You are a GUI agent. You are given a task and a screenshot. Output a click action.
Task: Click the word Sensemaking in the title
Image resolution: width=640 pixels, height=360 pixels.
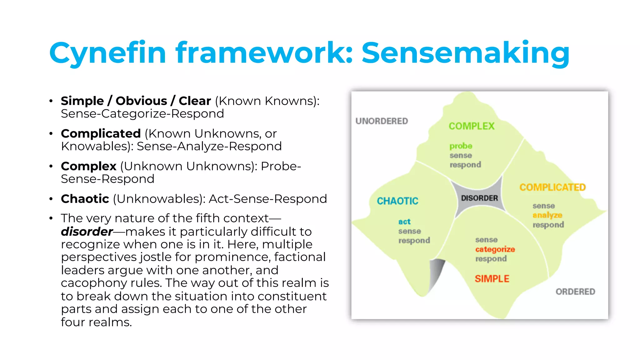(x=466, y=53)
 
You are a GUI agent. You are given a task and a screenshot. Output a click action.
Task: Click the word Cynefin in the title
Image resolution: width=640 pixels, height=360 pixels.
(x=107, y=53)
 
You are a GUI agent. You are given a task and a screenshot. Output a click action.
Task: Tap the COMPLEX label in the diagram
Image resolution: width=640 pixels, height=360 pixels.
(x=472, y=126)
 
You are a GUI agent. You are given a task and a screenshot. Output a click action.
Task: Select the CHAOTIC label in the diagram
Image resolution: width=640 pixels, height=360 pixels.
(x=397, y=201)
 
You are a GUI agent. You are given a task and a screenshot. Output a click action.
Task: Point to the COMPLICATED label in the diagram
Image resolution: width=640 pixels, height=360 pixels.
(x=552, y=187)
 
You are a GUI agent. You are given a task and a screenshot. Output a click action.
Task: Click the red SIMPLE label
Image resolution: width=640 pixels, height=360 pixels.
(x=492, y=278)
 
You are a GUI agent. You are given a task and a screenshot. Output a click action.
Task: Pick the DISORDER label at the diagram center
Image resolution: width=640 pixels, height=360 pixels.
(x=479, y=198)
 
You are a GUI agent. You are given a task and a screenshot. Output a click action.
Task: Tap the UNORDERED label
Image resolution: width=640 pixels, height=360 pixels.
(x=382, y=121)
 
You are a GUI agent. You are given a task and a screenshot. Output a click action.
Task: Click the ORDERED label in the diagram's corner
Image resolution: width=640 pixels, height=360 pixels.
(x=575, y=292)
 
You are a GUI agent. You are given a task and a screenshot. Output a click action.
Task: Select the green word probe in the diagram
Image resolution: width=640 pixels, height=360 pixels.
(x=461, y=146)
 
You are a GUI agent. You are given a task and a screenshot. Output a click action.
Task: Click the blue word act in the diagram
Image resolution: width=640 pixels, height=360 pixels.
(x=404, y=222)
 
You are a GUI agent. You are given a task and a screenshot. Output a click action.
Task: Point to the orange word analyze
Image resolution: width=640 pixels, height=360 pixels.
(x=547, y=215)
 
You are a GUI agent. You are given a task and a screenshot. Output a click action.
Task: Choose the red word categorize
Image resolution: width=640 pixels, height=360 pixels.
(x=495, y=249)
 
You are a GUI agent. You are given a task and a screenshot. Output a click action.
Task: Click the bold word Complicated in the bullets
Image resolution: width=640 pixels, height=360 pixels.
(x=101, y=133)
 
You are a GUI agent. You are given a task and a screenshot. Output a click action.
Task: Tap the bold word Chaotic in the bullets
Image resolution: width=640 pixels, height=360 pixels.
(x=85, y=199)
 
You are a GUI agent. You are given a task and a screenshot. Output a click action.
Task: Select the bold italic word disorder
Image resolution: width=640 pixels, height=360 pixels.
(x=87, y=232)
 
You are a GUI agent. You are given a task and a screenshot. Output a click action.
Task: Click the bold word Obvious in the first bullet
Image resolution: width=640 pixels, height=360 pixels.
(x=141, y=101)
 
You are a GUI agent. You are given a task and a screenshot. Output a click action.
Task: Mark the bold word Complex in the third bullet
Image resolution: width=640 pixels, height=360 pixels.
(x=88, y=166)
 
